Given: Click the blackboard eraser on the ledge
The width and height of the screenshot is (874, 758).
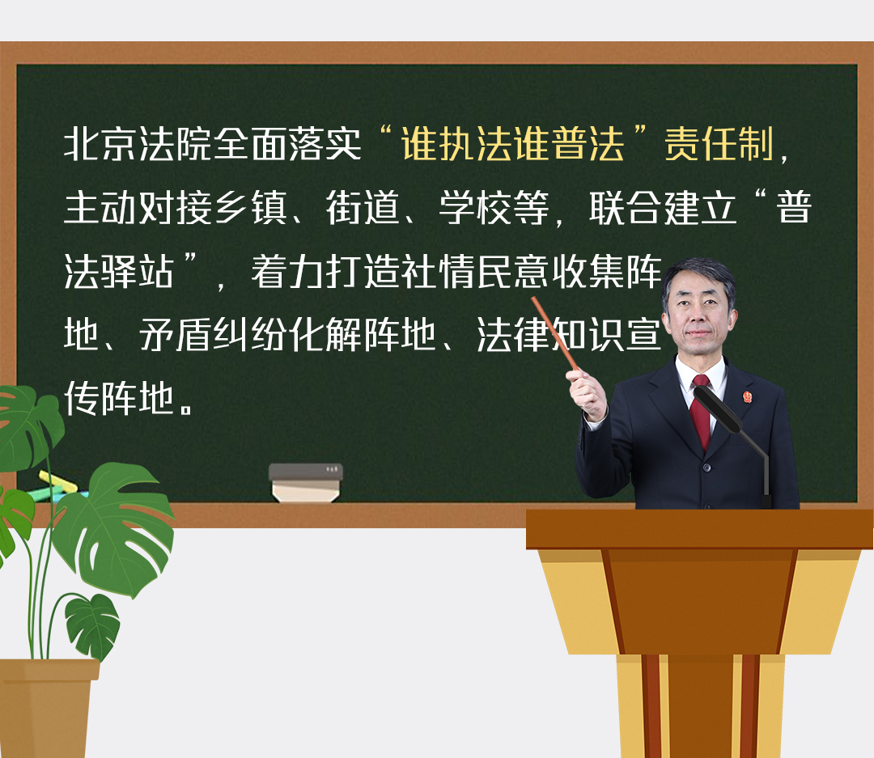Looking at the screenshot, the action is [x=305, y=483].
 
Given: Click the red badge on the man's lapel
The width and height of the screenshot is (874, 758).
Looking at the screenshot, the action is [x=747, y=396].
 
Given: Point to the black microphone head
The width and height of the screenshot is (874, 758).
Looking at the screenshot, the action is [x=717, y=409].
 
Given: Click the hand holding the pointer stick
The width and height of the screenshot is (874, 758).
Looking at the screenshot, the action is [x=587, y=393].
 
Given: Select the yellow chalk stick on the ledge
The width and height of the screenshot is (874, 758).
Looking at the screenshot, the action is [x=57, y=481].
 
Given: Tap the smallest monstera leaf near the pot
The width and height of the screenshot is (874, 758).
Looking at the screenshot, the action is [x=92, y=625].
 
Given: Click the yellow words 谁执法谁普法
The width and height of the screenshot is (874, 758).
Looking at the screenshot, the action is [x=512, y=144].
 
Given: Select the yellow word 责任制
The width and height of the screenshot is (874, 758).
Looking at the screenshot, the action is [x=719, y=144].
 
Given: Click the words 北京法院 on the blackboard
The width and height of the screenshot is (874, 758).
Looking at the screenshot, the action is [x=137, y=144].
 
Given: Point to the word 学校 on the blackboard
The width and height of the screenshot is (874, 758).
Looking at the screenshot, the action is [x=476, y=207].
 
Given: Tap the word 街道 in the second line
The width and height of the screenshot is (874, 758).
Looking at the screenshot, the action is [x=363, y=207].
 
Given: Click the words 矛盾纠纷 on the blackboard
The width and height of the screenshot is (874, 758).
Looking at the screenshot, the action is [x=213, y=334].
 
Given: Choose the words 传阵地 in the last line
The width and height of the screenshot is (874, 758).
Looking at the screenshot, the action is [x=119, y=398].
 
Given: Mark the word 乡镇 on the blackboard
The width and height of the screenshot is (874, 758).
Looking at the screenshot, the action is [x=250, y=207].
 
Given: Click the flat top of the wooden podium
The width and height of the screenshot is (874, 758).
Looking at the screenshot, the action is [x=699, y=529].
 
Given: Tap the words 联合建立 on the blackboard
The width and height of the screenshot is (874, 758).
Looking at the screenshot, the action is [x=663, y=207].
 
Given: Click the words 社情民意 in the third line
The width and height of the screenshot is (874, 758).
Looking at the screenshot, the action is [x=476, y=272].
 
